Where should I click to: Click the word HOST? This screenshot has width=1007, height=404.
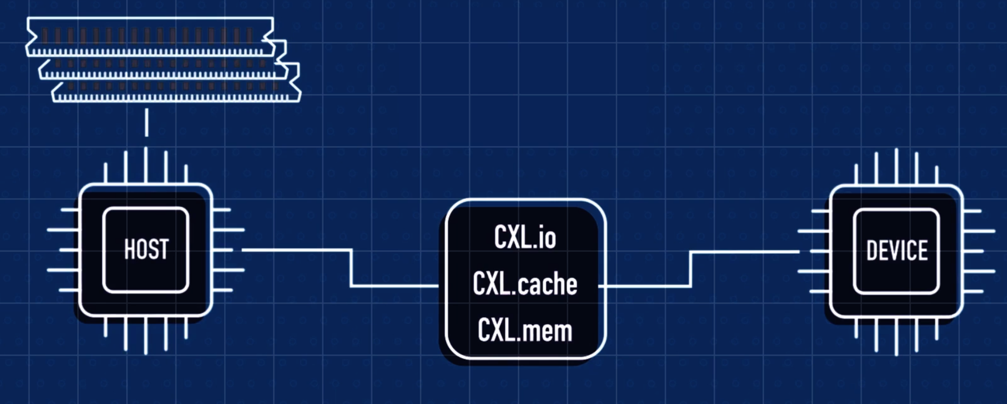coord(146,249)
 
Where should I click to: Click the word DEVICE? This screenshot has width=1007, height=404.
coord(897,251)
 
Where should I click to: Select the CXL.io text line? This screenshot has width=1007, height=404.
coord(525,237)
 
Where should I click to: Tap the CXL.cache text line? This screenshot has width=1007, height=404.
coord(525,284)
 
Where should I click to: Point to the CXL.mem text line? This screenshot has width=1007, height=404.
coord(525,330)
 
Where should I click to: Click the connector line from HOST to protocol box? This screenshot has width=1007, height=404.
coord(351,268)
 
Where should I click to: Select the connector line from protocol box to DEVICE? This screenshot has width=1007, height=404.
coord(690,269)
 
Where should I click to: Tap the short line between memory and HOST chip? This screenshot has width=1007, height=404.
coord(146,122)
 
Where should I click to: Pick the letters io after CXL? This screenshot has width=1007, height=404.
coord(546,237)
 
